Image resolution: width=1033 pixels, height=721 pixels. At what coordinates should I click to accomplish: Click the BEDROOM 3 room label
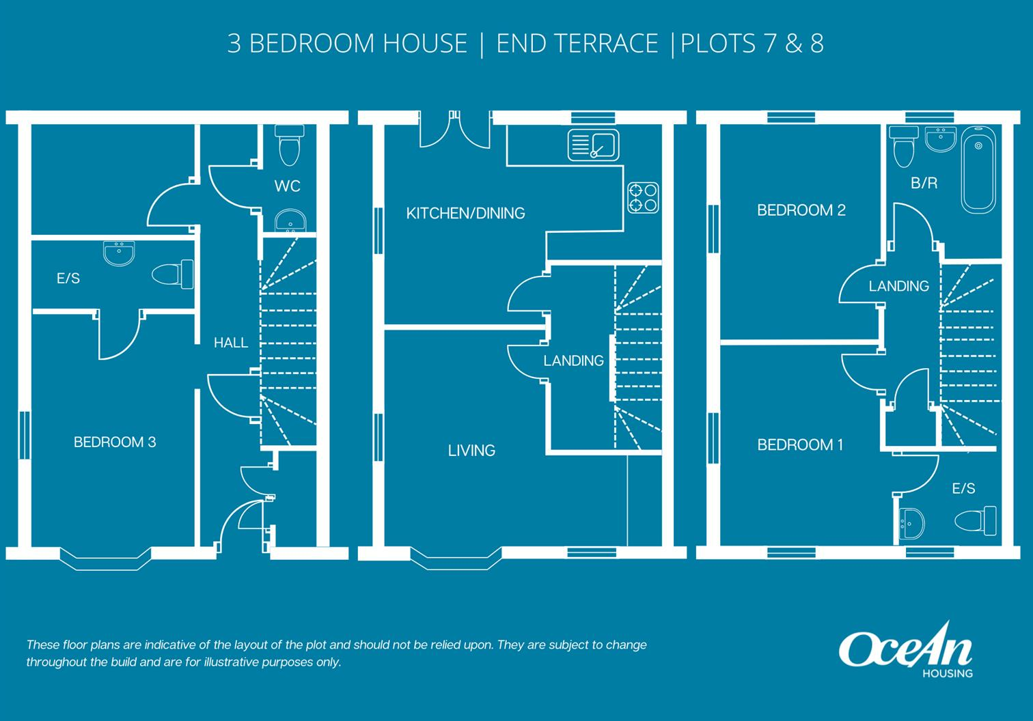(115, 442)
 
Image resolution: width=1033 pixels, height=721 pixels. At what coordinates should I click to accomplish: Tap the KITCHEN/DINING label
(465, 214)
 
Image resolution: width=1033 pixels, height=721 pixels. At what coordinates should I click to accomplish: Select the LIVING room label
(471, 451)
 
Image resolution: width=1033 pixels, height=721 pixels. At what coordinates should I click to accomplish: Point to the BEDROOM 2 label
(801, 210)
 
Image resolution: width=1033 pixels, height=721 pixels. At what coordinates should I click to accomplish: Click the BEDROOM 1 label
(800, 445)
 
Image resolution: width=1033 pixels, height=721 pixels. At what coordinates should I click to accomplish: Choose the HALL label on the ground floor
(231, 343)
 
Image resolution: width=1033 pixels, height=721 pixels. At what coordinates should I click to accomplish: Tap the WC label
(287, 186)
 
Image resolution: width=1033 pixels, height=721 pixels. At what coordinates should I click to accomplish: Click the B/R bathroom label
(924, 183)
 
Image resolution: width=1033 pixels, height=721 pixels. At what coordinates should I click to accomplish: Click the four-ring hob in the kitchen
(643, 197)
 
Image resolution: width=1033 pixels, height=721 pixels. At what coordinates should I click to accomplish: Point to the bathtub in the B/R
(978, 172)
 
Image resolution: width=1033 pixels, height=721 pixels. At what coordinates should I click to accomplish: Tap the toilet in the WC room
(290, 145)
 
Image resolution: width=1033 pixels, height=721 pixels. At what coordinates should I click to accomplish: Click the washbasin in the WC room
(290, 221)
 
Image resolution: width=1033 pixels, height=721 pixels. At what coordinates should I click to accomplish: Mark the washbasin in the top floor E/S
(912, 524)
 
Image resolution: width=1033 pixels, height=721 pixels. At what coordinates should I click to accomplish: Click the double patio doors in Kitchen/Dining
(454, 130)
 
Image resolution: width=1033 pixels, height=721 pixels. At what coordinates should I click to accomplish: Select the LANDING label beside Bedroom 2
(898, 286)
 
